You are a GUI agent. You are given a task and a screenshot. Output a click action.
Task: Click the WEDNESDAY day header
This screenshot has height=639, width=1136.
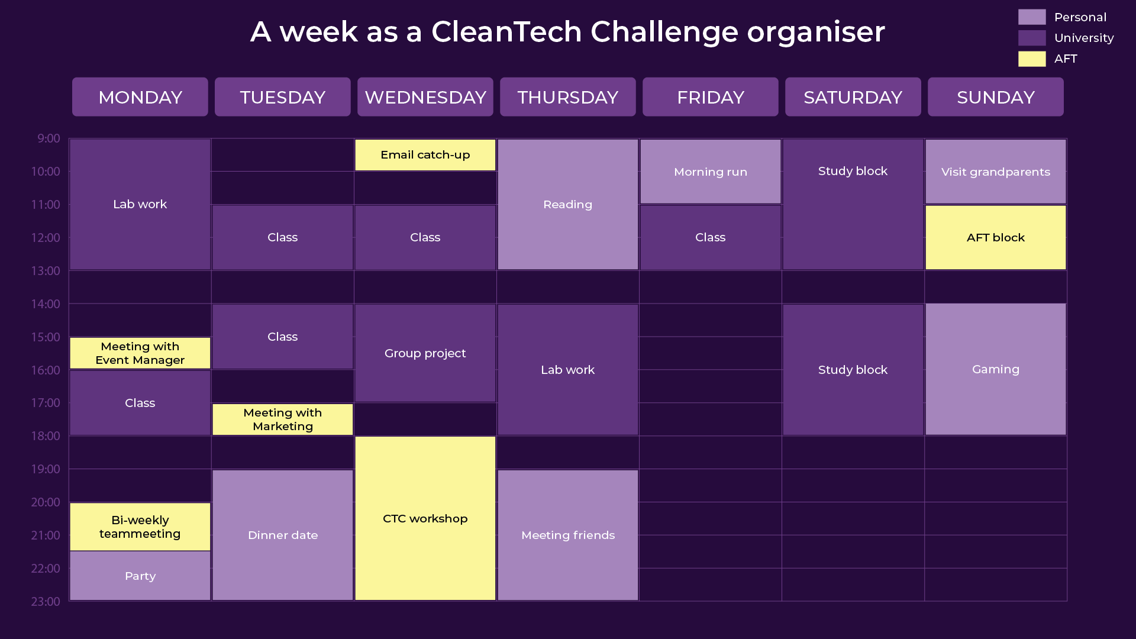pos(425,96)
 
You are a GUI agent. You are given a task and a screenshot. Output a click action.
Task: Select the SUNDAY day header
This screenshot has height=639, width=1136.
pos(995,96)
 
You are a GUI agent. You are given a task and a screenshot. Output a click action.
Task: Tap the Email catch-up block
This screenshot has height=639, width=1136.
pos(425,155)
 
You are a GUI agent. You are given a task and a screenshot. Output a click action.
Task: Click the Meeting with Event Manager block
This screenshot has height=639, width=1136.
pos(140,353)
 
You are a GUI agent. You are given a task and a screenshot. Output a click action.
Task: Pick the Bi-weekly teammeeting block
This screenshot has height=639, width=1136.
pos(140,527)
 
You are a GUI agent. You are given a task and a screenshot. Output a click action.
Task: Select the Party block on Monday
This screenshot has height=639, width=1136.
pos(140,576)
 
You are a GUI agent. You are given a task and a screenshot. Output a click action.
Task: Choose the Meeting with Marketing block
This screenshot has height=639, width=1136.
pos(282,419)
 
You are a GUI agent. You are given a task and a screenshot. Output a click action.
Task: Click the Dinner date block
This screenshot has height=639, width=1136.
pos(282,535)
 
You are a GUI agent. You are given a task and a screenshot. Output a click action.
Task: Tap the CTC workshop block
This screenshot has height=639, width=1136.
pos(425,518)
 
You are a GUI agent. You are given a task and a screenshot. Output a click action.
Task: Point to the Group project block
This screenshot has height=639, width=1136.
pos(425,353)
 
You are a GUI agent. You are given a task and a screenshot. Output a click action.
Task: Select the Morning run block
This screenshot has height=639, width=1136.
pos(710,172)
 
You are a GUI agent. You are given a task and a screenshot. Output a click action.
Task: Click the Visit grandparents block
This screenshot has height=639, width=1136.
pos(995,172)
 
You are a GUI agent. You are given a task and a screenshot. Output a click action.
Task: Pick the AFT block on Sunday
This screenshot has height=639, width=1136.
pos(995,237)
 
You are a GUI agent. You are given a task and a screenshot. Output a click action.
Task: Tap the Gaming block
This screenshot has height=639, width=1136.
pos(995,369)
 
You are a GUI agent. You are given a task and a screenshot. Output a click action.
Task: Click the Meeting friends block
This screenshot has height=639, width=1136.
pos(567,535)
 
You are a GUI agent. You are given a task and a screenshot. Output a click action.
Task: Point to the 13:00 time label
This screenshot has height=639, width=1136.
pos(46,271)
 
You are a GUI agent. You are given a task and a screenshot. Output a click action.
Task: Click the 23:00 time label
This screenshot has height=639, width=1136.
pos(46,602)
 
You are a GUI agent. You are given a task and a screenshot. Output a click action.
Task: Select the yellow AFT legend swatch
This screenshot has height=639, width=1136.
pos(1032,59)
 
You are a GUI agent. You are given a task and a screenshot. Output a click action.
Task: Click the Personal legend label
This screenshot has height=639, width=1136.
pos(1080,17)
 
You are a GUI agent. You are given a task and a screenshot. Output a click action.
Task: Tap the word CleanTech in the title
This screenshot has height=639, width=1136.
pos(506,31)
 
